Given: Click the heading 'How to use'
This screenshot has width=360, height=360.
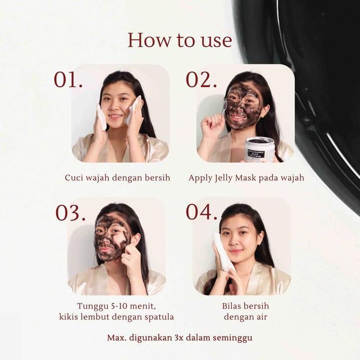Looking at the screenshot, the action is click(180, 40).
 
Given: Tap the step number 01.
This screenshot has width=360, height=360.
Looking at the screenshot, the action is click(68, 80).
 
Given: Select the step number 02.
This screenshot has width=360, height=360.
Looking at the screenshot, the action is click(201, 80).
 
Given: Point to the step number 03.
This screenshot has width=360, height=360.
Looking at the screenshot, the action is click(70, 213).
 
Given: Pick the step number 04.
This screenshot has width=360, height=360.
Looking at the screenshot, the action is click(202, 212).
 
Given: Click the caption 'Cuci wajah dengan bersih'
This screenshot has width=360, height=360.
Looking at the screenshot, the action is click(118, 178).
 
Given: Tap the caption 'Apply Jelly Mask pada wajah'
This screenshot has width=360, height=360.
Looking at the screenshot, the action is click(246, 178).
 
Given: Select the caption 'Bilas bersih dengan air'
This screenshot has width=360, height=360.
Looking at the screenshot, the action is click(245, 311).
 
